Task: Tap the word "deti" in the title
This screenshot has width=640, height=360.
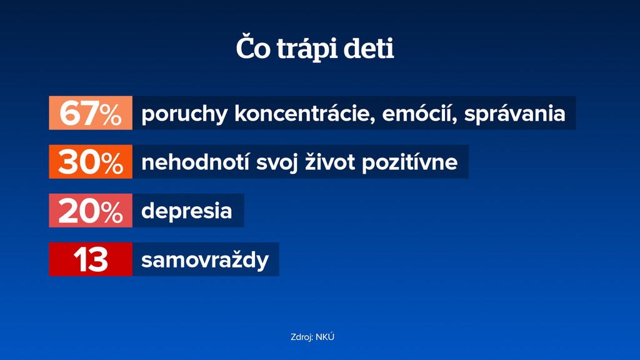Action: tap(369, 48)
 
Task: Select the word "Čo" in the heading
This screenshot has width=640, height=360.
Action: tap(253, 47)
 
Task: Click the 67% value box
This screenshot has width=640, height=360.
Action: tap(91, 112)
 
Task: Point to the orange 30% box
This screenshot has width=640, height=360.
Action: tap(91, 162)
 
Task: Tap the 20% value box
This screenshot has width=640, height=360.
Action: tap(91, 211)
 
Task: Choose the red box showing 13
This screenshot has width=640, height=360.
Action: tap(91, 259)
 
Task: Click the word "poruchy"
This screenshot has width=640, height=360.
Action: tap(184, 114)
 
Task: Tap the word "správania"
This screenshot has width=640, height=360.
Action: tap(515, 114)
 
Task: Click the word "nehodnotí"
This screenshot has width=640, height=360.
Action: tap(195, 162)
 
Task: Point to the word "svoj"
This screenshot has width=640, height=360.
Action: tap(277, 163)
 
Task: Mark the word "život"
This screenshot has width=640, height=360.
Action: tap(330, 162)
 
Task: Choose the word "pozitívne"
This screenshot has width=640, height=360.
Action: tap(410, 163)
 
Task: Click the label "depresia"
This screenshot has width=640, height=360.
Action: tap(186, 211)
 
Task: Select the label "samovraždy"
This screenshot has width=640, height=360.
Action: tap(205, 260)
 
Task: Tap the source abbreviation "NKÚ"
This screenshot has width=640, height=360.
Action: tap(325, 337)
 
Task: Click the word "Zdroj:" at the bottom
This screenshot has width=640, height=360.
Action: tap(302, 337)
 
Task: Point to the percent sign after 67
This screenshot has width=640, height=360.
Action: tap(111, 115)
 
